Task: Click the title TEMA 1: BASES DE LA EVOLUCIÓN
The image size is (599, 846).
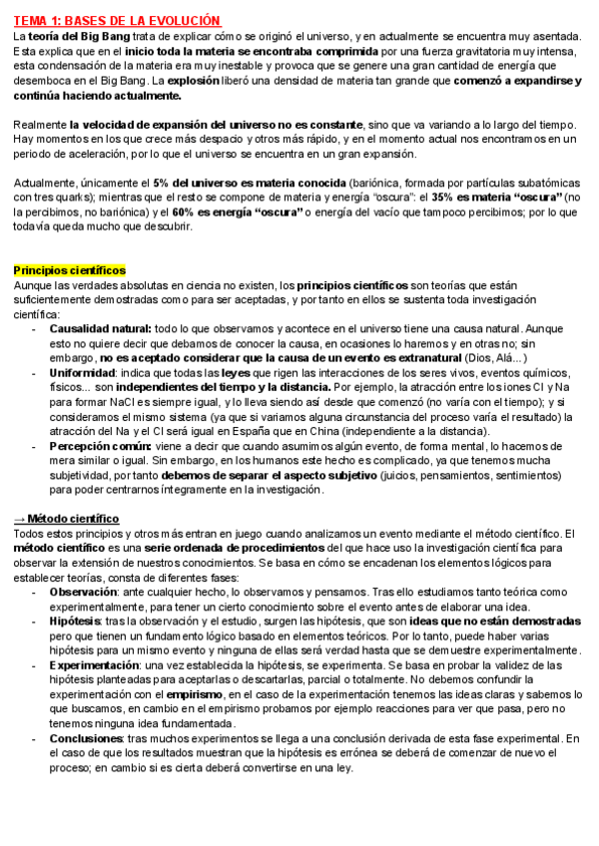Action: [x=117, y=22]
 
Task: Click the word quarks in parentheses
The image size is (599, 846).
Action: [x=66, y=199]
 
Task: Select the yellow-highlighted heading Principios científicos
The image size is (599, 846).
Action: [x=69, y=270]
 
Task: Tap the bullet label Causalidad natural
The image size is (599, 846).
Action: [x=100, y=328]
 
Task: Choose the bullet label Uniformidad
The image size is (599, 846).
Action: [x=86, y=372]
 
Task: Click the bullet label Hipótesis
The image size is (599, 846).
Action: [x=78, y=621]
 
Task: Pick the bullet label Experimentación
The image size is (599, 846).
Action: [x=94, y=664]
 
